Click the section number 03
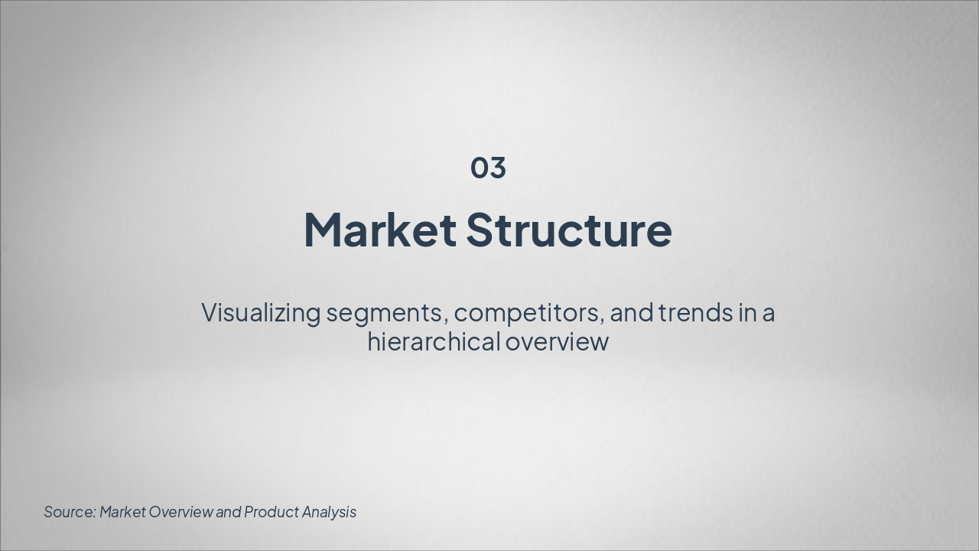(x=488, y=168)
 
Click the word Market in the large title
(x=380, y=230)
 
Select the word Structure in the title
(x=568, y=230)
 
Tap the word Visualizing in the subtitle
(x=261, y=314)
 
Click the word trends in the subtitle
(x=696, y=313)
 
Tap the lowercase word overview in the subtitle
(x=557, y=341)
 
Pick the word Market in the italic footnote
(x=122, y=512)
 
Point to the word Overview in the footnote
(x=181, y=512)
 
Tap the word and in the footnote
(x=229, y=512)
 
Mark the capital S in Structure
(x=477, y=230)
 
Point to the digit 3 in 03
(x=498, y=168)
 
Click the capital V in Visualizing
(x=212, y=313)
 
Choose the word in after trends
(x=747, y=313)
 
